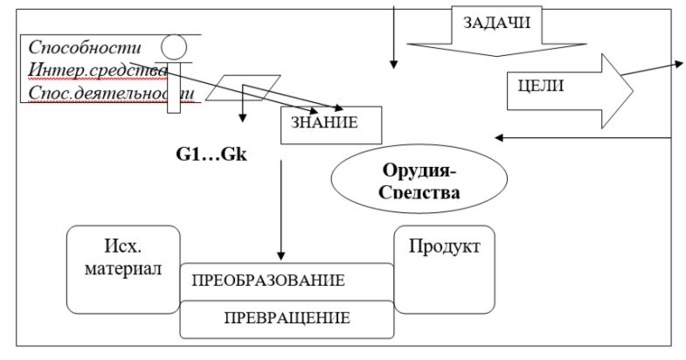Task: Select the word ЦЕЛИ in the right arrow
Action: click(536, 87)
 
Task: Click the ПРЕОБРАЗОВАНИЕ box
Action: click(267, 281)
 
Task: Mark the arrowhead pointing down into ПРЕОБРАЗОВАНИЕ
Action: click(281, 254)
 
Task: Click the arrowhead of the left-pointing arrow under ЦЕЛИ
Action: click(499, 137)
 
